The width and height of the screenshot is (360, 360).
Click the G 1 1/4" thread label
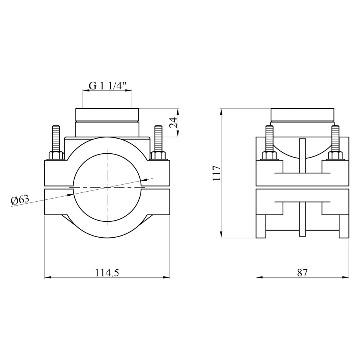108,86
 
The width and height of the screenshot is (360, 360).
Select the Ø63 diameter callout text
20,200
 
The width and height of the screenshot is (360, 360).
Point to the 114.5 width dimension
107,273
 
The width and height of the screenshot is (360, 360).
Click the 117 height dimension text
216,173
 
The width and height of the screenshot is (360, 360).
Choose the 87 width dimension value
302,273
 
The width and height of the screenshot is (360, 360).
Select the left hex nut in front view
56,156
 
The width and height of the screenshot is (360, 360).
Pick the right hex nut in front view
158,156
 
